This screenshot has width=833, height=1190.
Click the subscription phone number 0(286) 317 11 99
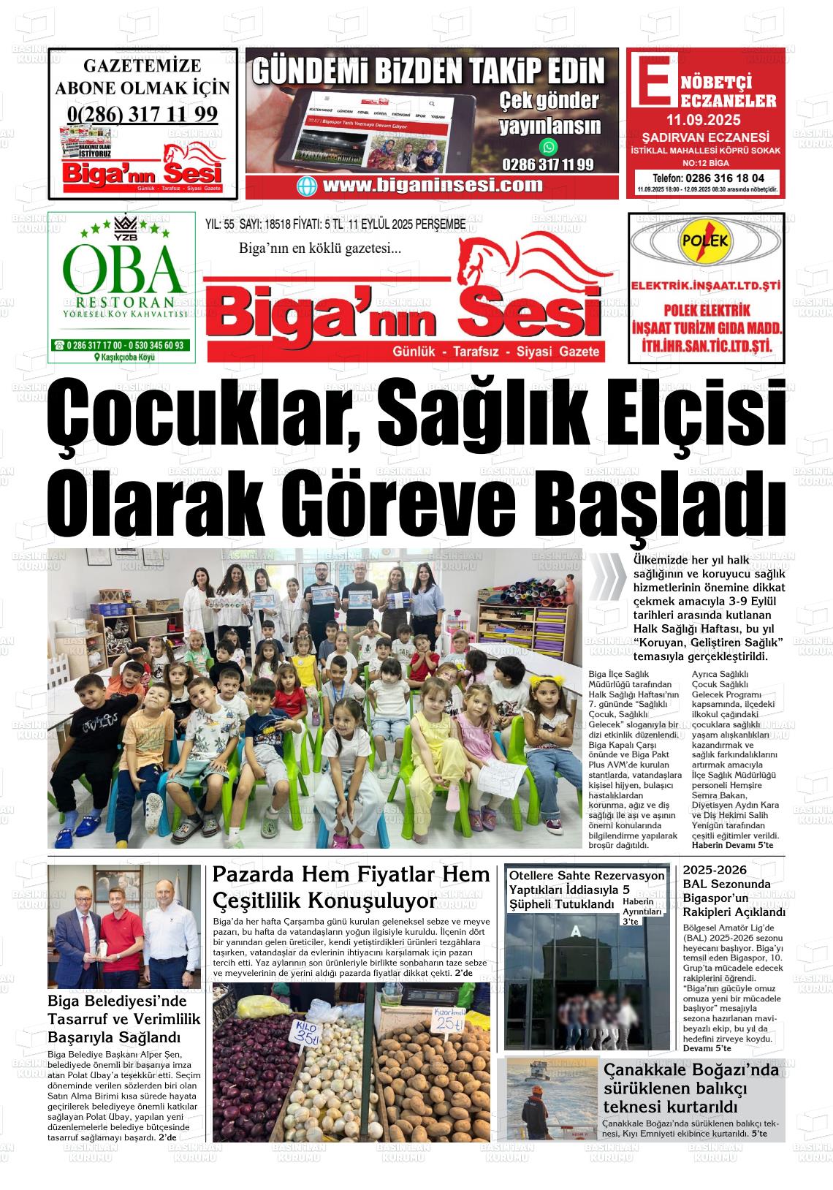pos(142,115)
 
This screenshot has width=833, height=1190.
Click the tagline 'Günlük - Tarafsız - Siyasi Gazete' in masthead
pos(496,352)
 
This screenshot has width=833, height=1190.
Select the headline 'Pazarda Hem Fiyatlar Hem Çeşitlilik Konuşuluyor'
pos(351,886)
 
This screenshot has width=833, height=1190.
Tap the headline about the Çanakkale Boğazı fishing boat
pos(691,1088)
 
